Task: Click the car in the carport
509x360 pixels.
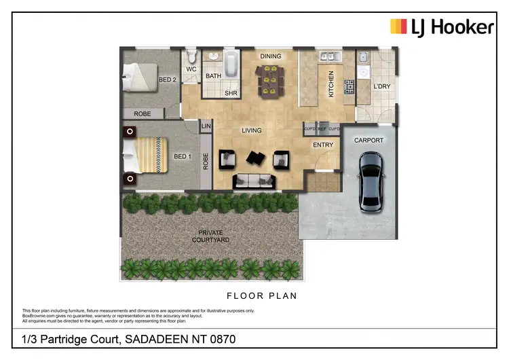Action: click(370, 179)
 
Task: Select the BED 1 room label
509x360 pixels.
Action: click(181, 156)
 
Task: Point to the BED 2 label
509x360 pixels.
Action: click(168, 79)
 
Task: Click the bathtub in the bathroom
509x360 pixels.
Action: click(230, 65)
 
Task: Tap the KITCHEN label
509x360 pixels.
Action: click(331, 84)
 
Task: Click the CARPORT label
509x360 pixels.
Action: click(369, 141)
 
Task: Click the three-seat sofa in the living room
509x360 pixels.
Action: click(254, 181)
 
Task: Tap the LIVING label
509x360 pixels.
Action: click(252, 130)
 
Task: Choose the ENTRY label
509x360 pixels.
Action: click(323, 145)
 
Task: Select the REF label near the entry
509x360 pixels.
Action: click(322, 128)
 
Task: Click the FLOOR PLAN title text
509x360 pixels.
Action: click(261, 296)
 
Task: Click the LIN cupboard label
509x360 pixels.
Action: click(206, 126)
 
